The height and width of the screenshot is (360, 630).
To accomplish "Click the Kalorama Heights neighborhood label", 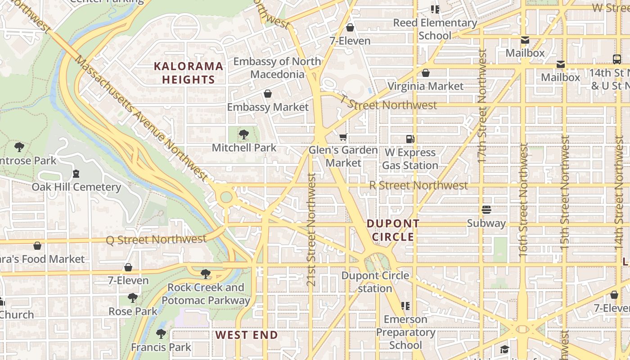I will pos(189,73).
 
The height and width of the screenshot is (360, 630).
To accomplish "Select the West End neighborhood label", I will pos(247,335).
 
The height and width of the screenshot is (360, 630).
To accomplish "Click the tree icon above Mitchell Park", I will pos(244,134).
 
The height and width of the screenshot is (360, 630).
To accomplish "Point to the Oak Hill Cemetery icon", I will pos(76,174).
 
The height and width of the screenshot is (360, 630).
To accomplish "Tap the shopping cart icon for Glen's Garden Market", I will pos(343,137).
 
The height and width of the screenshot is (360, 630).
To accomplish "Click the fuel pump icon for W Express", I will pos(410,139).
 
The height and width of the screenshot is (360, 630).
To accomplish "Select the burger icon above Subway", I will pos(486,210).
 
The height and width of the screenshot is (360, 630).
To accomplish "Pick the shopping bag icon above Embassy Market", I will pos(268,94).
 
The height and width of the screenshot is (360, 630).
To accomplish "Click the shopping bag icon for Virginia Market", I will pos(426,73).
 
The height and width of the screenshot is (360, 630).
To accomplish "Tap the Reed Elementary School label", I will pos(435,29).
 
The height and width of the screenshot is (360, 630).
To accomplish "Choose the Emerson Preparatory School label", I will pos(405,332).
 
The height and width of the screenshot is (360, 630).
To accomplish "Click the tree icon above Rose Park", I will pos(132,298).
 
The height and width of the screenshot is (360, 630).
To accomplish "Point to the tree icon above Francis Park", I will pos(161,334).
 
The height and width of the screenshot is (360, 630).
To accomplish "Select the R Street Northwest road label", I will pos(418,185).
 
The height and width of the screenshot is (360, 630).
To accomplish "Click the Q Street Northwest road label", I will pos(156,239).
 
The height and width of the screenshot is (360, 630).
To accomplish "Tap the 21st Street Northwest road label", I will pos(311,229).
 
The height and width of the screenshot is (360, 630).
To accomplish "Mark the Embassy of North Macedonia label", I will pos(277,67).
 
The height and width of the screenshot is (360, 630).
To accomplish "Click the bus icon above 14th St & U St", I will pos(617,59).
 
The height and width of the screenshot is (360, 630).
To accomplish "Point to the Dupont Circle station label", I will pos(375,282).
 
